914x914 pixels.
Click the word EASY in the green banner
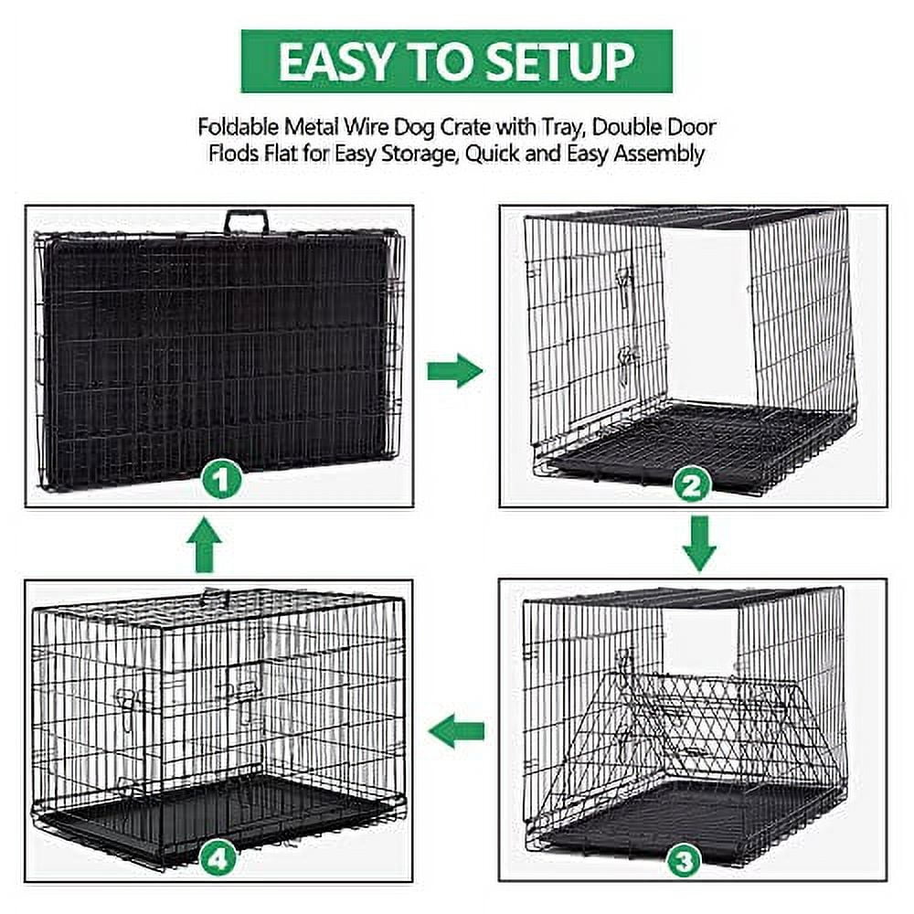pyautogui.click(x=335, y=62)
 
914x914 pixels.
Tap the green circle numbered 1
pyautogui.click(x=221, y=481)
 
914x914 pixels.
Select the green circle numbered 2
pyautogui.click(x=692, y=485)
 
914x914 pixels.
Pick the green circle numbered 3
pyautogui.click(x=685, y=860)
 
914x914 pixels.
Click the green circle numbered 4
pyautogui.click(x=218, y=858)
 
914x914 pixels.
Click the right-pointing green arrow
pyautogui.click(x=455, y=371)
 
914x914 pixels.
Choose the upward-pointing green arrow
pyautogui.click(x=204, y=545)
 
